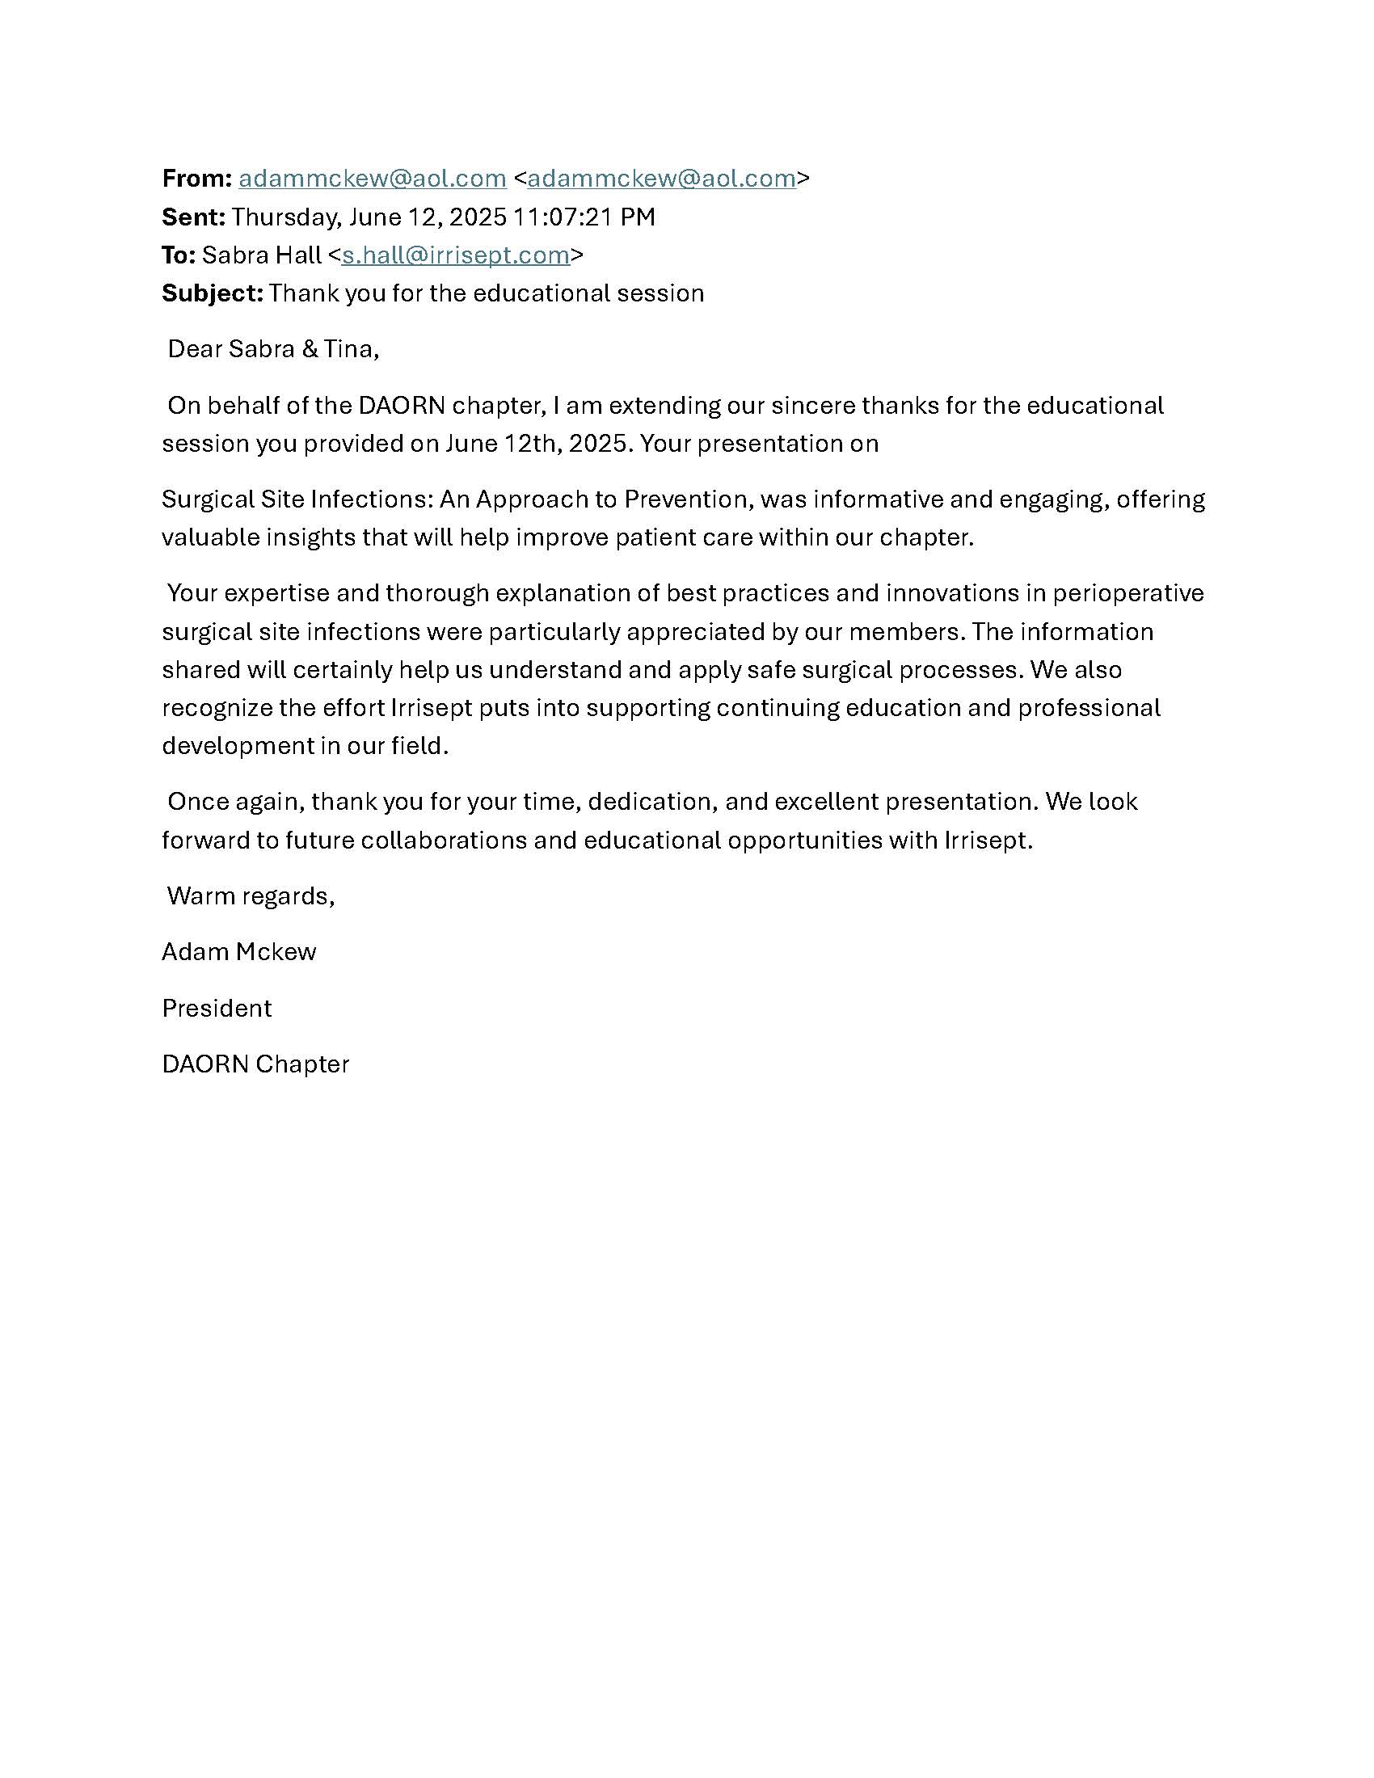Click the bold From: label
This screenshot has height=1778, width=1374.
coord(197,179)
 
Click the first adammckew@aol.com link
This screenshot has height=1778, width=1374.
coord(372,179)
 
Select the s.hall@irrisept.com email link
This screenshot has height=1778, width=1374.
coord(455,255)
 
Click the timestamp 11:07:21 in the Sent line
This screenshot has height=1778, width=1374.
coord(564,217)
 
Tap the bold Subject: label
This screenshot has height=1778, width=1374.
coord(213,293)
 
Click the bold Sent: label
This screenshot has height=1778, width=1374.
coord(194,217)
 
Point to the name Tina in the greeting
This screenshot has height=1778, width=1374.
coord(350,349)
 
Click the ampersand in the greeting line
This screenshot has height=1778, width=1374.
coord(310,349)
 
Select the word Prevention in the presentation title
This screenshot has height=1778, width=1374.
coord(685,499)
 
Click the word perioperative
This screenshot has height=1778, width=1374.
coord(1127,592)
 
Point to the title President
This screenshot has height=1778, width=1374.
coord(217,1009)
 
